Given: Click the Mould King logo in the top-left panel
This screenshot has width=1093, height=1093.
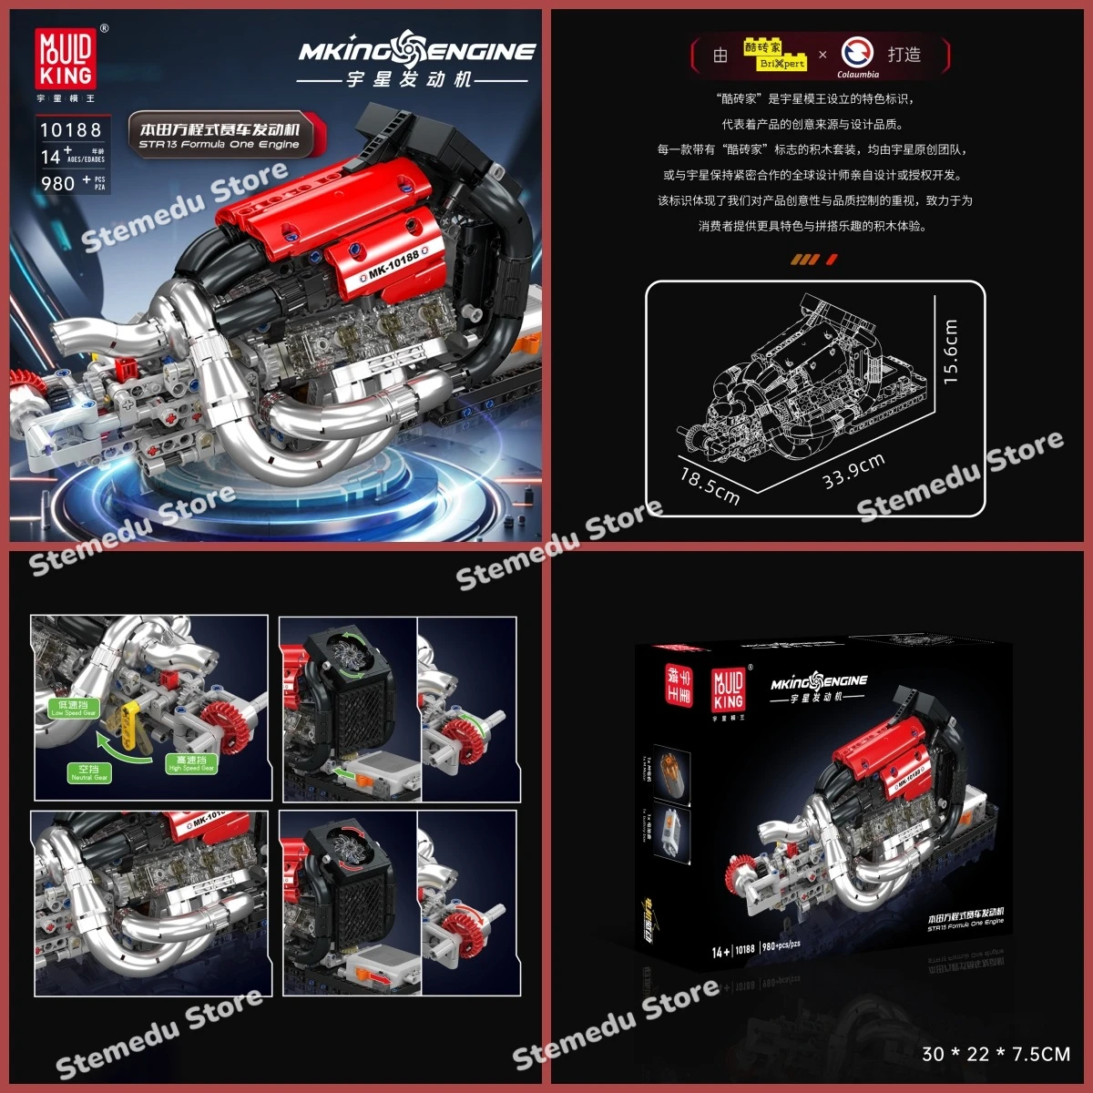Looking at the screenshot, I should pos(66,59).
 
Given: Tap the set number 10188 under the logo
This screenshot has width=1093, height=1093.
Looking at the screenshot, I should pos(71,130).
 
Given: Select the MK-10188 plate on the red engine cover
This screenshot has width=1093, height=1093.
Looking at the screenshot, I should pos(393,262).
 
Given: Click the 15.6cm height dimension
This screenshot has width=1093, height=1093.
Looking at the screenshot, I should pos(950,352).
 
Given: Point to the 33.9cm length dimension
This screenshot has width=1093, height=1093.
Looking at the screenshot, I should pos(853,470).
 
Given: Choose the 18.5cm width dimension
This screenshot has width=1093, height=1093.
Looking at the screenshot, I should pos(710,485).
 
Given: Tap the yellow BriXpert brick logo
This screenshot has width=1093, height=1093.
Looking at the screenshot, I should pos(774,56).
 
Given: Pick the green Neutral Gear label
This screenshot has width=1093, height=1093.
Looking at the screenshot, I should pos(89,772).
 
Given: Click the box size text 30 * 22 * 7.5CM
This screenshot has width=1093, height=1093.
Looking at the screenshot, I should pos(996,1054).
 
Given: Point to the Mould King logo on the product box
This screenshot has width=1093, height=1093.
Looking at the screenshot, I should pos(728,690).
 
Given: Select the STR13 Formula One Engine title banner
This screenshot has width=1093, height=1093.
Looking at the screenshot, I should pos(220,135).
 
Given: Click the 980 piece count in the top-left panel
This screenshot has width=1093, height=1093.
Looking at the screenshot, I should pos(58,183).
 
